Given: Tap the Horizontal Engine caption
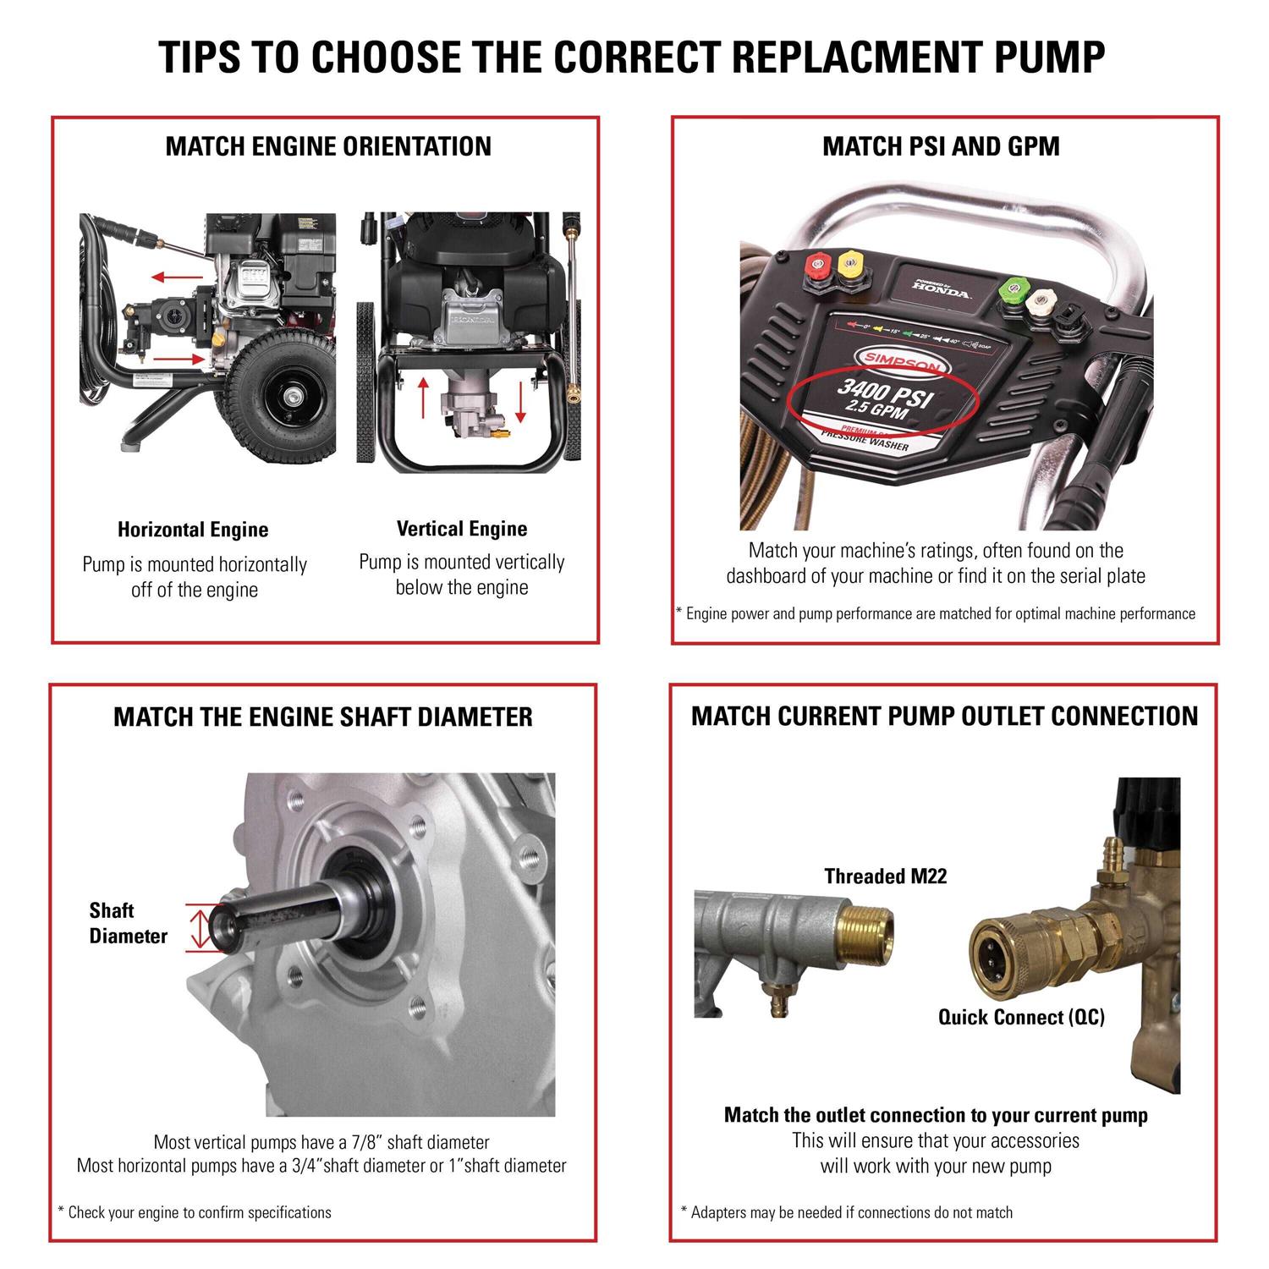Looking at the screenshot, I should pyautogui.click(x=193, y=530).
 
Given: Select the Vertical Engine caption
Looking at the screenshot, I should pyautogui.click(x=462, y=530).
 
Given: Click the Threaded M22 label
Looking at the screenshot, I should pyautogui.click(x=885, y=876).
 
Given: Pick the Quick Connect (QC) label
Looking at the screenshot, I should pyautogui.click(x=1021, y=1017).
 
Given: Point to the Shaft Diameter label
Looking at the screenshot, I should pyautogui.click(x=128, y=923).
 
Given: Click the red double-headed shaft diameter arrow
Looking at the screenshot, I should pyautogui.click(x=199, y=928).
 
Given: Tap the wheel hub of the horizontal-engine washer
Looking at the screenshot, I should pyautogui.click(x=289, y=396).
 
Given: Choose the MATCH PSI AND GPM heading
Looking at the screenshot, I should pyautogui.click(x=941, y=146).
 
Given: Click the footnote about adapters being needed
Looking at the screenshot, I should pyautogui.click(x=847, y=1212).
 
